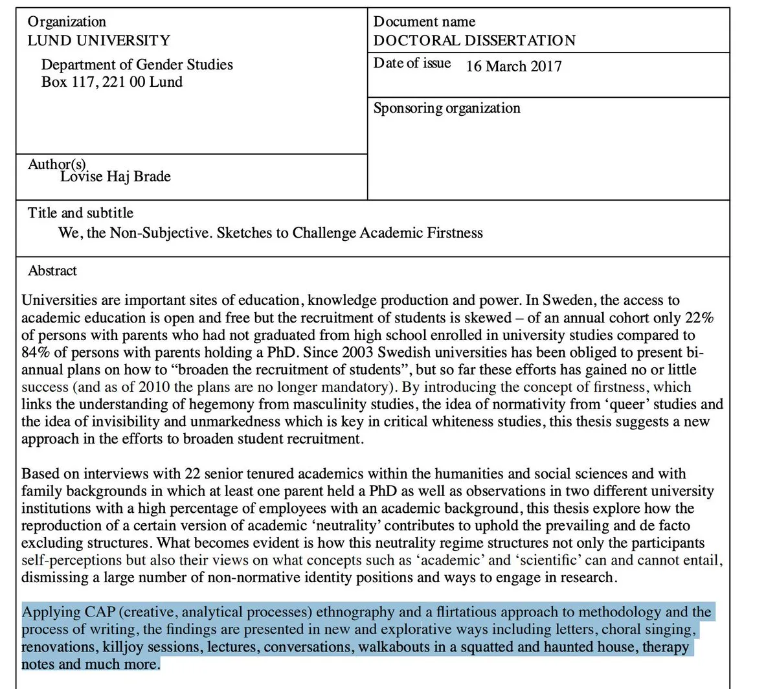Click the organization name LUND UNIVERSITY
(x=98, y=41)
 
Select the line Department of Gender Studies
(x=137, y=65)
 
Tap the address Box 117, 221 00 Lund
(x=111, y=82)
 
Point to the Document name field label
(x=424, y=22)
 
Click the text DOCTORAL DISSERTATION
(x=474, y=41)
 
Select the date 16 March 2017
(x=513, y=66)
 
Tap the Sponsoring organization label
(x=447, y=108)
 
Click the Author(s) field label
(x=57, y=164)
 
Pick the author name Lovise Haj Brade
(x=115, y=177)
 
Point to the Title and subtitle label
(x=80, y=213)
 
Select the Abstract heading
(x=52, y=271)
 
